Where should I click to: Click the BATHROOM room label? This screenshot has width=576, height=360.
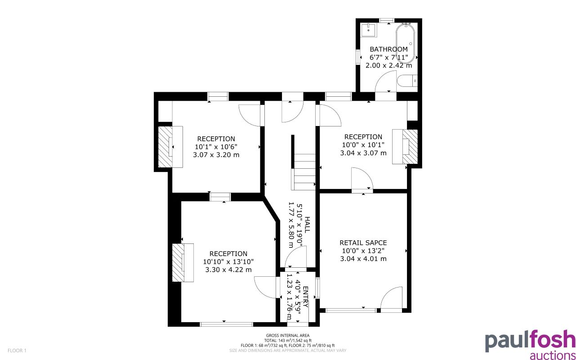388,49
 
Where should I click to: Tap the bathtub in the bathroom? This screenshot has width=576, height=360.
406,45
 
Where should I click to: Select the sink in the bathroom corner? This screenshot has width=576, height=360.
369,30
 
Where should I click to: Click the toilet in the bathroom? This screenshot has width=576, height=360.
408,81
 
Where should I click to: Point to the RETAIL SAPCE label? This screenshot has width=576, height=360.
363,243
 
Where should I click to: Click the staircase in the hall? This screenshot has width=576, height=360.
304,171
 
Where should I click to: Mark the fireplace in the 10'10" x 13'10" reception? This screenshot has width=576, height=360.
183,262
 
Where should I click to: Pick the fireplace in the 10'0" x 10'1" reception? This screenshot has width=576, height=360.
406,147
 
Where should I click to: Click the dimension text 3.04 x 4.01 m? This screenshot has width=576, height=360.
363,259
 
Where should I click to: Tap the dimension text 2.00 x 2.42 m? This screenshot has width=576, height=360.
388,65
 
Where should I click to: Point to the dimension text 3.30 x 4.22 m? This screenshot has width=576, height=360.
228,270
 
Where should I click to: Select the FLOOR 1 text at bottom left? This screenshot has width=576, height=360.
18,350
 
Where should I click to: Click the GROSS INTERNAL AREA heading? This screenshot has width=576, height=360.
288,336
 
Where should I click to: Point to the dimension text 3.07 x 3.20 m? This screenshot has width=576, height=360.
216,155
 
